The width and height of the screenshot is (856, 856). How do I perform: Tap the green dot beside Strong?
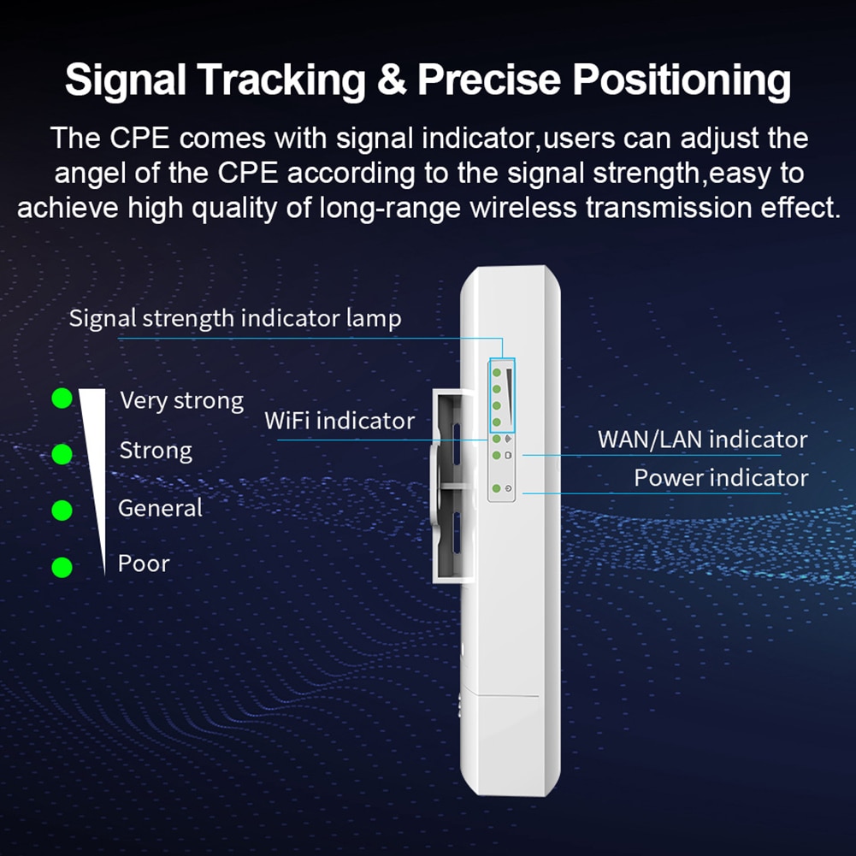[x=62, y=454]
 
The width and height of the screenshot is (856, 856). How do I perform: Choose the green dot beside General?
[x=62, y=511]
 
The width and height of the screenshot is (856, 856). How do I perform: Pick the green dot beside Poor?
[x=62, y=567]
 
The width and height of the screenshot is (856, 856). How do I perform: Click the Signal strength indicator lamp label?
[x=234, y=319]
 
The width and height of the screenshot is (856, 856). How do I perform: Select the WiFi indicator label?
[x=339, y=421]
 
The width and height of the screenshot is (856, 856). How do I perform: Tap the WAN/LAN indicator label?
[x=702, y=440]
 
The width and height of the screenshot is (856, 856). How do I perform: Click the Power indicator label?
[x=720, y=477]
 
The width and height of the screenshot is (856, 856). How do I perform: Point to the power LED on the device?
[x=496, y=488]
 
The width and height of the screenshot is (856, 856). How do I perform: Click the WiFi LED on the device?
[x=496, y=439]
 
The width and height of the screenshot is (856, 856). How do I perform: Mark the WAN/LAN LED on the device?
[x=496, y=455]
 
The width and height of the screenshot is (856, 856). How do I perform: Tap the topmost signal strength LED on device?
[x=496, y=372]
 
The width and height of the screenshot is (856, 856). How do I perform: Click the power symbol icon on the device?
[x=509, y=489]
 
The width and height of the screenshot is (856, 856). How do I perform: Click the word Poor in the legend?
[x=144, y=564]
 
